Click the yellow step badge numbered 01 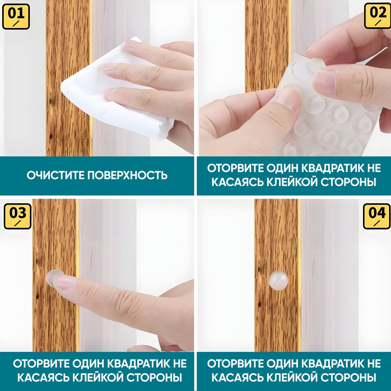click(16, 17)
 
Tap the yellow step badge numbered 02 click(377, 16)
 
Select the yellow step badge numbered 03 click(18, 216)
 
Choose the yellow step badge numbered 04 click(377, 216)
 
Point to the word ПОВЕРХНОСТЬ click(127, 175)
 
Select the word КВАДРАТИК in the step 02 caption click(329, 168)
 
